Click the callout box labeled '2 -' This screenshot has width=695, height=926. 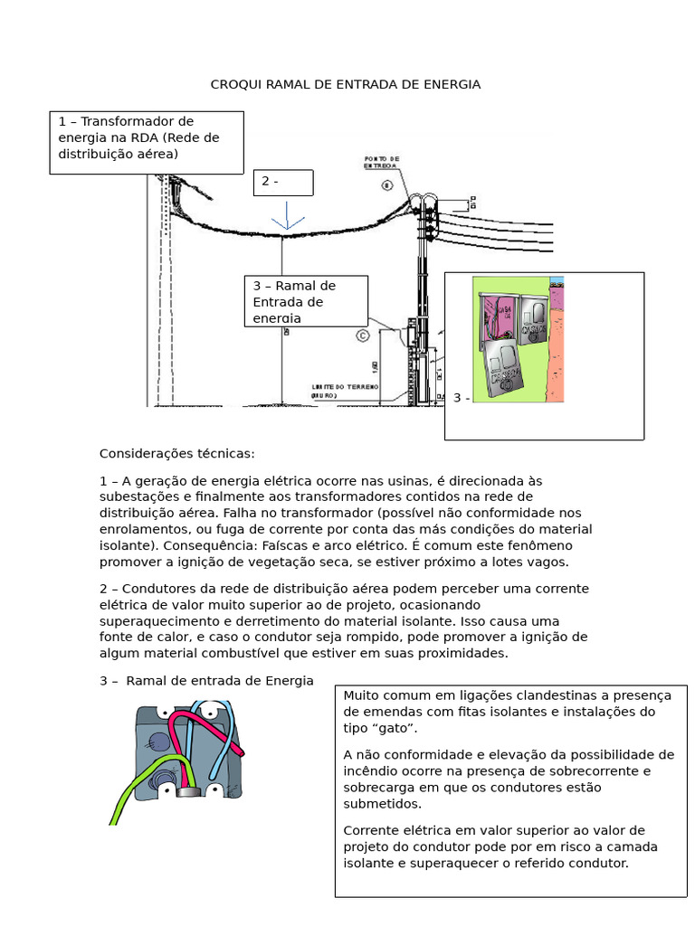coord(283,182)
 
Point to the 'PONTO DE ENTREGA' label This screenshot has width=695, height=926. coord(379,161)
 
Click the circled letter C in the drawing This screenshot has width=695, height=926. coord(363,336)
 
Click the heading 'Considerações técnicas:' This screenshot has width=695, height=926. coord(177,453)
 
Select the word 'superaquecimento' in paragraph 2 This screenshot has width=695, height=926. coord(153,621)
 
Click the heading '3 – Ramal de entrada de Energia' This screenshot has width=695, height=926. coord(206,680)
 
